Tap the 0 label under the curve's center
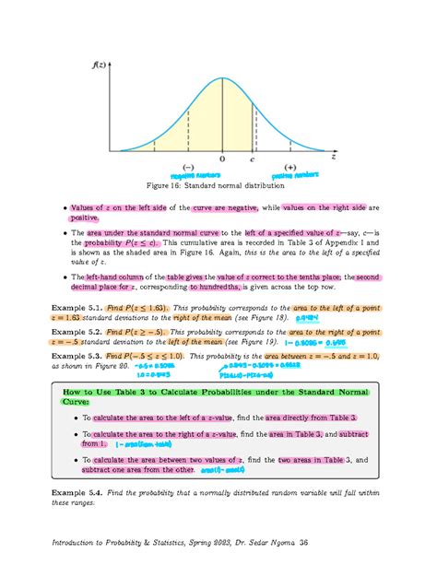click(222, 158)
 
